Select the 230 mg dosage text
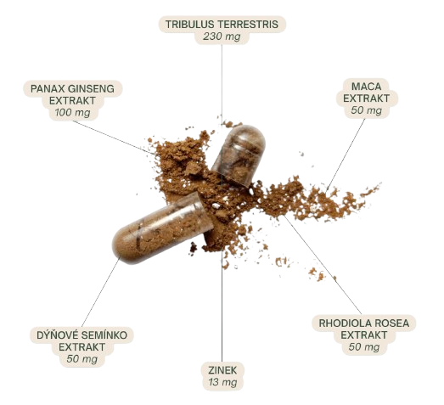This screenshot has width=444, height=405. coord(222,37)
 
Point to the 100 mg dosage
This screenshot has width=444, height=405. coord(73,113)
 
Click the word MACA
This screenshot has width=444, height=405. coord(367,87)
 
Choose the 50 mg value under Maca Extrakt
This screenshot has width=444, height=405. coord(367,110)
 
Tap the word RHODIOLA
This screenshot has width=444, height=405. coord(343,323)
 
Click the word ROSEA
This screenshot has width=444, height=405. coord(390,323)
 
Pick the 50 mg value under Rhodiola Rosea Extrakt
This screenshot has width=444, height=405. coord(364,347)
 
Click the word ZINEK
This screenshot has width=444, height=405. coord(222,370)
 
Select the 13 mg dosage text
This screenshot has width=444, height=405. coord(222,382)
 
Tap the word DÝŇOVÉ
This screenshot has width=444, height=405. coord(58,335)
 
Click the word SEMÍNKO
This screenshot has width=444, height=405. coord(104,335)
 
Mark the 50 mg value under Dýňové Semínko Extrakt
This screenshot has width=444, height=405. coord(82,359)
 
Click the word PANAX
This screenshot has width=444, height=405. coord(44,88)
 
